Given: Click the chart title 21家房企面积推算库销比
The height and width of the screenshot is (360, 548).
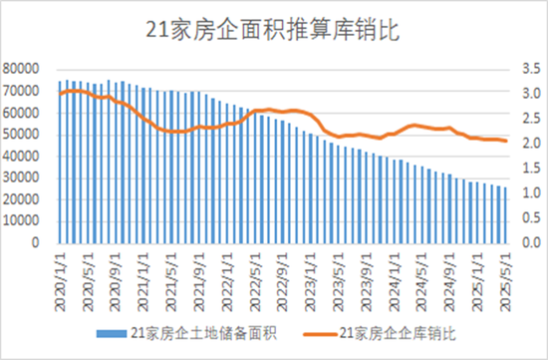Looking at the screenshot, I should click(x=273, y=30).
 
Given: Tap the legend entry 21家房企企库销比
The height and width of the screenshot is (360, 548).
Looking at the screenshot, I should click(x=399, y=333).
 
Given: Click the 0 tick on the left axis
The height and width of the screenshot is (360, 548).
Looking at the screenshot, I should click(x=35, y=242).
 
